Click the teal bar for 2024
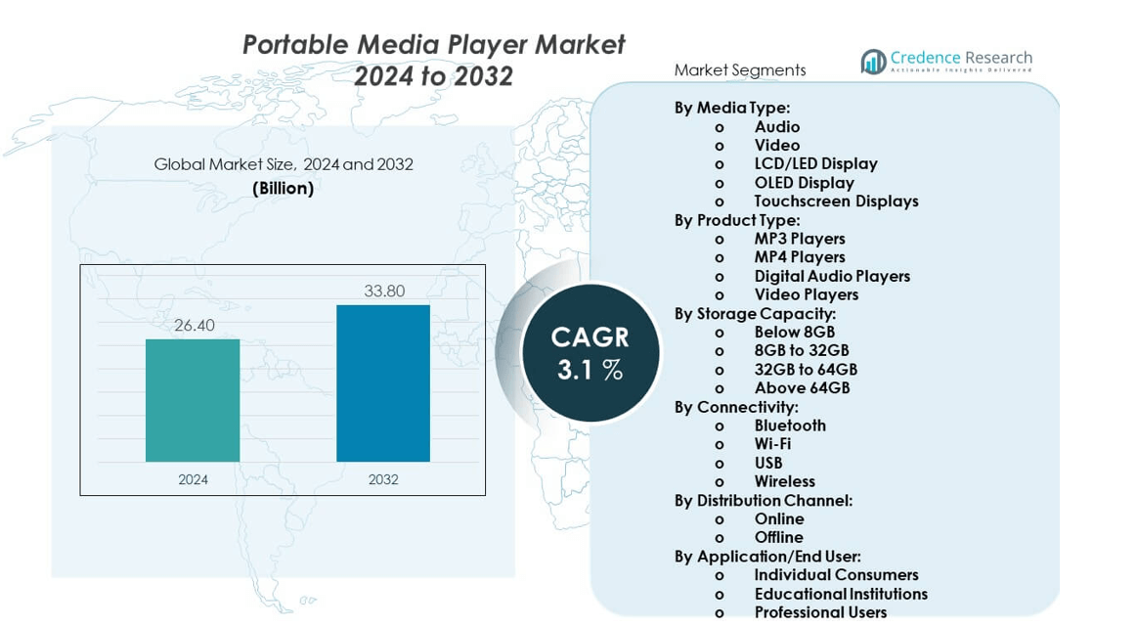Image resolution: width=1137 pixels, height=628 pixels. [193, 400]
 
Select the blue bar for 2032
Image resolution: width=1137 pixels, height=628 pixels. [383, 382]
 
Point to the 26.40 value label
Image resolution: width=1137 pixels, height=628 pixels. [194, 326]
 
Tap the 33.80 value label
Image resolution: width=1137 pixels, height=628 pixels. [384, 291]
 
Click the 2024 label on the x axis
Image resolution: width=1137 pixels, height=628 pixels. [193, 479]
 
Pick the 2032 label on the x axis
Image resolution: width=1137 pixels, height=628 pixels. [383, 479]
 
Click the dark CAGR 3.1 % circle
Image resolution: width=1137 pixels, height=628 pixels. [590, 353]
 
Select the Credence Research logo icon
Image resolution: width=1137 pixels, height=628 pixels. [873, 62]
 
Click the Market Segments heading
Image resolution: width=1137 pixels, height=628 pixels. [740, 70]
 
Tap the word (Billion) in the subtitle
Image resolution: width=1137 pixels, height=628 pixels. [283, 188]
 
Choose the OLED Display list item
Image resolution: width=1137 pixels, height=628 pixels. [804, 183]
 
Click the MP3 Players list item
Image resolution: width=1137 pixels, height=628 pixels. [799, 239]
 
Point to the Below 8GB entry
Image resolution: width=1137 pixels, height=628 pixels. [794, 333]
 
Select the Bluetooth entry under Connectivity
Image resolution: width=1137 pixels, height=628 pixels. [790, 426]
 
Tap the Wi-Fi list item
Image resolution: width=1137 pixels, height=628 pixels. [772, 444]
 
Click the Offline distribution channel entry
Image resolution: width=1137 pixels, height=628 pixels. [778, 538]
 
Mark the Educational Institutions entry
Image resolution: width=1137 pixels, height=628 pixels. [841, 594]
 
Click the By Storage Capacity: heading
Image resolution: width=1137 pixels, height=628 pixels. [754, 314]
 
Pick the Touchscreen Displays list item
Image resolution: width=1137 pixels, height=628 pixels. [836, 202]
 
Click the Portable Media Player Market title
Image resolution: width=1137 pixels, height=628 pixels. [433, 45]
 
